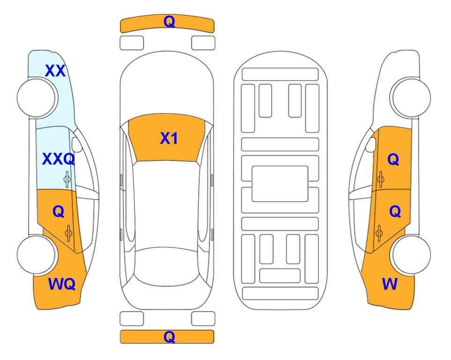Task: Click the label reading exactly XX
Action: click(x=55, y=71)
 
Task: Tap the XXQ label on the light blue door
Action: click(x=59, y=159)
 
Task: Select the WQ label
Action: click(x=62, y=284)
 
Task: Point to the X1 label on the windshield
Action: click(x=169, y=138)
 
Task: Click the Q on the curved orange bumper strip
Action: click(x=169, y=22)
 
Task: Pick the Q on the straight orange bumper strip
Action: click(x=169, y=337)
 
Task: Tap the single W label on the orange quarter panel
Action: click(x=390, y=284)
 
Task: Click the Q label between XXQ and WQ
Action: click(x=59, y=212)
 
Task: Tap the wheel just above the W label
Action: click(x=411, y=255)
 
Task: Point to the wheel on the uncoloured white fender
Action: click(x=411, y=98)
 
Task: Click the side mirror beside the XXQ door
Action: click(x=77, y=144)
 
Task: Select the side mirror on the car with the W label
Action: click(x=371, y=144)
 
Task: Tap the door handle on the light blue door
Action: click(x=67, y=180)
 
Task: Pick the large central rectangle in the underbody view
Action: click(x=280, y=184)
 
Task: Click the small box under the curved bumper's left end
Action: click(x=132, y=43)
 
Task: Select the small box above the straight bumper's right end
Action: click(x=203, y=319)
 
